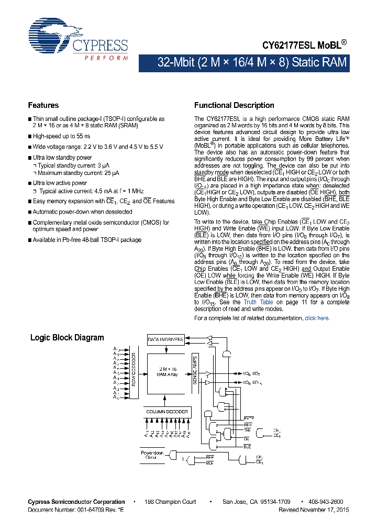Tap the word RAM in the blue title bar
pyautogui.click(x=334, y=63)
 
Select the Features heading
pyautogui.click(x=43, y=105)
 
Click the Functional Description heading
pyautogui.click(x=234, y=105)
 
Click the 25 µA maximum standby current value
pyautogui.click(x=112, y=173)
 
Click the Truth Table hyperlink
pyautogui.click(x=258, y=302)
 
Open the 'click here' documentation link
pyautogui.click(x=317, y=318)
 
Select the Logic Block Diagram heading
pyautogui.click(x=67, y=338)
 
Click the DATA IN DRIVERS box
pyautogui.click(x=165, y=339)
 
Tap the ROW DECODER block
pyautogui.click(x=134, y=372)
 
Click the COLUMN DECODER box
pyautogui.click(x=167, y=412)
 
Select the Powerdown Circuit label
pyautogui.click(x=152, y=455)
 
